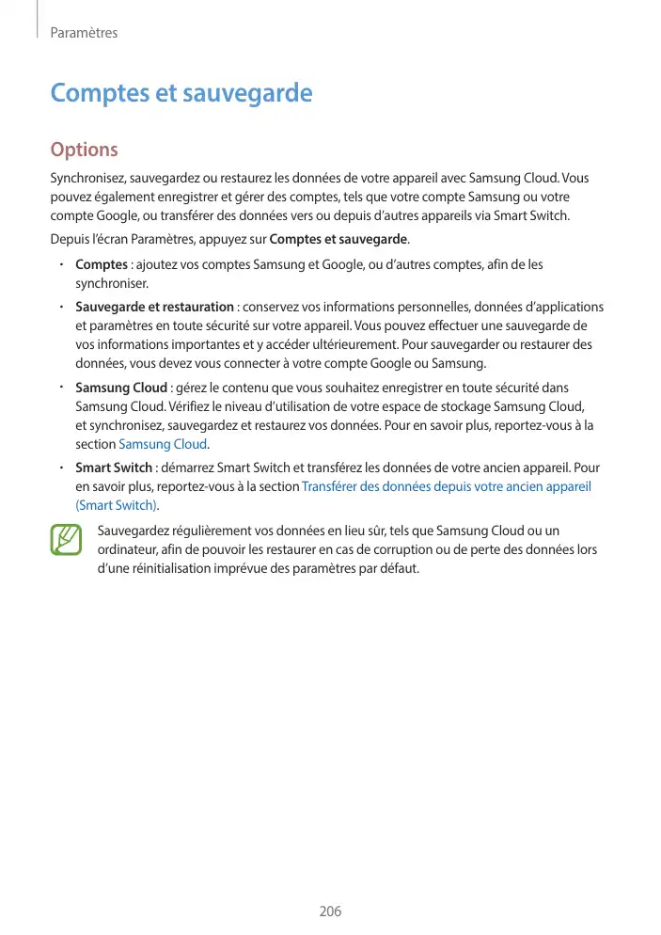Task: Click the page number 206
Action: tap(330, 911)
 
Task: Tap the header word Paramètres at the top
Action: tap(84, 33)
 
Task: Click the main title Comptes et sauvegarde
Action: tap(181, 93)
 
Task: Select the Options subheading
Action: tap(84, 150)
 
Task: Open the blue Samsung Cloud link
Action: tap(163, 444)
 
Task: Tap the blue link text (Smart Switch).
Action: tap(116, 505)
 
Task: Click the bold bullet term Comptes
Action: tap(102, 264)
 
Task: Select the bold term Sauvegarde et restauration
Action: tap(154, 307)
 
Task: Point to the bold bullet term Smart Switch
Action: tap(113, 467)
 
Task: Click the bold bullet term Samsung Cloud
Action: tap(121, 388)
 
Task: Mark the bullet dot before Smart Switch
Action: tap(60, 467)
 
